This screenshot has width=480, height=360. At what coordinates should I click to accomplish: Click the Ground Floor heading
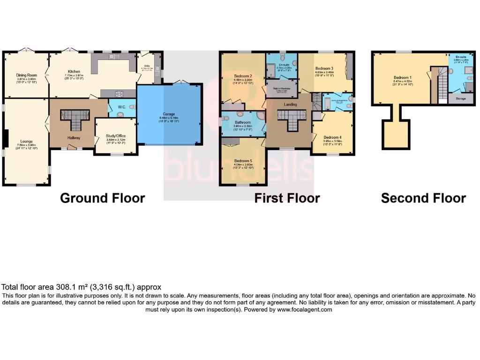[102, 198]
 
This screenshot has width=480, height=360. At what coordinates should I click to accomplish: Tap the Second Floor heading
[423, 198]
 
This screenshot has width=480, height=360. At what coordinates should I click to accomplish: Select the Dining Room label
[26, 75]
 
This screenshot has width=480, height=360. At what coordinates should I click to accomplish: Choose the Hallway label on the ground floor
[74, 138]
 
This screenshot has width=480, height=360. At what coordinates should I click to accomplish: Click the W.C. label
[120, 107]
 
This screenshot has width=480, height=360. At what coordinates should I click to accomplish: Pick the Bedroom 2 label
[243, 76]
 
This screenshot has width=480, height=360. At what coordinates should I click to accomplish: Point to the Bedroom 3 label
[324, 68]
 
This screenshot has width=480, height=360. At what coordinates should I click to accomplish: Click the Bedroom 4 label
[332, 137]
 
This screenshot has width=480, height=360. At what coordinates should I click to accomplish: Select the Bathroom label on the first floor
[243, 122]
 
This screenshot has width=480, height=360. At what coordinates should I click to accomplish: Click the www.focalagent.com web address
[304, 310]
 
